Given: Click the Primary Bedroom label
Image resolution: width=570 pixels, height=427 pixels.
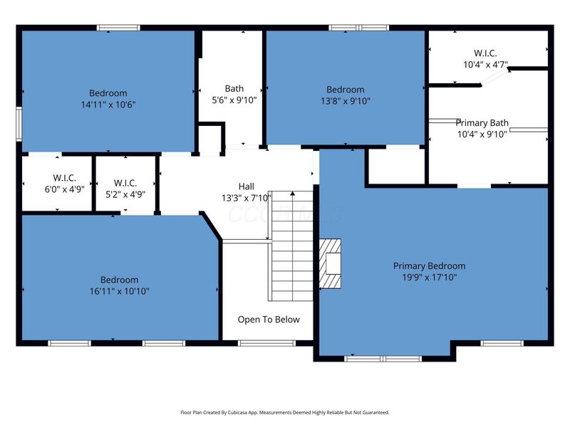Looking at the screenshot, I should (x=429, y=266).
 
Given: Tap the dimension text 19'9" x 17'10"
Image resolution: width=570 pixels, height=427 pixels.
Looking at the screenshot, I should (x=429, y=277).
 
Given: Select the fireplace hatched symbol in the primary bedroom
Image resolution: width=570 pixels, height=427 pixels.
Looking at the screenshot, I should (x=331, y=263).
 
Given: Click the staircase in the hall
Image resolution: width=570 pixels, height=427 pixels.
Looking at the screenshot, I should (x=291, y=246).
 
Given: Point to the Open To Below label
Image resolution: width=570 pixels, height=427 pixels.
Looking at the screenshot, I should (x=269, y=320).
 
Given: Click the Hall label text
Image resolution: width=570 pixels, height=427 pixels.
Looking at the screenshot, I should (x=246, y=186).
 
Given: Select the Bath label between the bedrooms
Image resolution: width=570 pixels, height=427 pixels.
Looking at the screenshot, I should (x=234, y=89).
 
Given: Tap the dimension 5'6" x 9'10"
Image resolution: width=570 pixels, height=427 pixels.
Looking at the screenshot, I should (x=234, y=100).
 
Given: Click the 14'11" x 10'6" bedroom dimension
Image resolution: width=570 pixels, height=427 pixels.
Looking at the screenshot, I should (x=108, y=104).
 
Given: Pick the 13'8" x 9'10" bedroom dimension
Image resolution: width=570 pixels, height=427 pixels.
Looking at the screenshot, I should (x=346, y=100).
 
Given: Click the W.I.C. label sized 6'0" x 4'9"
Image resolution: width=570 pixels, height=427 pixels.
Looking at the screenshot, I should (x=64, y=179).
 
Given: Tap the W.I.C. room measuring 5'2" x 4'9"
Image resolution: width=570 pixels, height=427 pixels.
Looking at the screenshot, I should (x=125, y=184).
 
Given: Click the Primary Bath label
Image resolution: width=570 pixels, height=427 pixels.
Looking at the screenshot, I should (x=482, y=122).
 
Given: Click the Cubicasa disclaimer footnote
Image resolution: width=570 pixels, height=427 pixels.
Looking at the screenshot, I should (x=285, y=412).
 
